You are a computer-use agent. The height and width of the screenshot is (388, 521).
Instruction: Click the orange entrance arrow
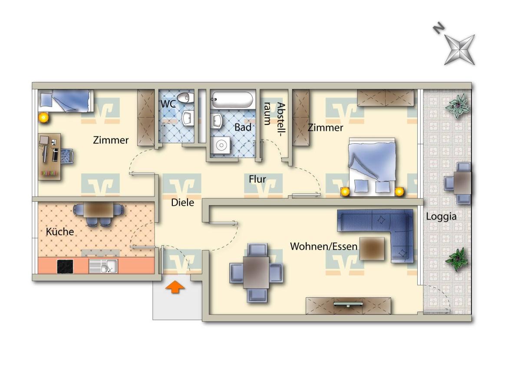(175, 287)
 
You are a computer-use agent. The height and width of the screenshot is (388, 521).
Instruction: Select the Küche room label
(60, 232)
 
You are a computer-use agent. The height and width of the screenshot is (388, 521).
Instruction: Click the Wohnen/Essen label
(324, 247)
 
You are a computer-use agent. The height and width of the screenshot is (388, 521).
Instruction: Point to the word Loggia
(441, 217)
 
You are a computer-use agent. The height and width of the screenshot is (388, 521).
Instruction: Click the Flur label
(257, 179)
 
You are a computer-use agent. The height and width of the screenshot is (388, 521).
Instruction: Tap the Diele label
(182, 202)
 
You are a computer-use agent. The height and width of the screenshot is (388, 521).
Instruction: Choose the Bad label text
(243, 127)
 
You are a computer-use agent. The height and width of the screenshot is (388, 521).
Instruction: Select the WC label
(168, 104)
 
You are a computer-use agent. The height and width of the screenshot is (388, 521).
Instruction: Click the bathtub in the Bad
(233, 99)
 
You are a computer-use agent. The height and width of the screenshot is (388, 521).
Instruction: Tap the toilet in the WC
(185, 98)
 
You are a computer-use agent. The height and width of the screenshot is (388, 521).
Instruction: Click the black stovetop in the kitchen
(65, 266)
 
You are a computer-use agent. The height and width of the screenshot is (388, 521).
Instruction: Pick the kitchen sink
(103, 266)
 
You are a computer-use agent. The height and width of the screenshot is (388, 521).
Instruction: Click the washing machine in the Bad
(221, 145)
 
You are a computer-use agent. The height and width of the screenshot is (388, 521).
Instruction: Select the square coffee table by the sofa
(372, 249)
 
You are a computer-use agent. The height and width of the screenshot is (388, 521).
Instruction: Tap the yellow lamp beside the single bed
(43, 117)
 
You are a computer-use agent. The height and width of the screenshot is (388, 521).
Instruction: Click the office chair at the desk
(67, 156)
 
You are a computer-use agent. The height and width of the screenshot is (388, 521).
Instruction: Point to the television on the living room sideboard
(348, 304)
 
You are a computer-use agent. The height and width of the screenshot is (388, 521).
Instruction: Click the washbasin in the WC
(188, 118)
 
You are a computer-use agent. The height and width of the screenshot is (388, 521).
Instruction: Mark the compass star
(460, 50)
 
